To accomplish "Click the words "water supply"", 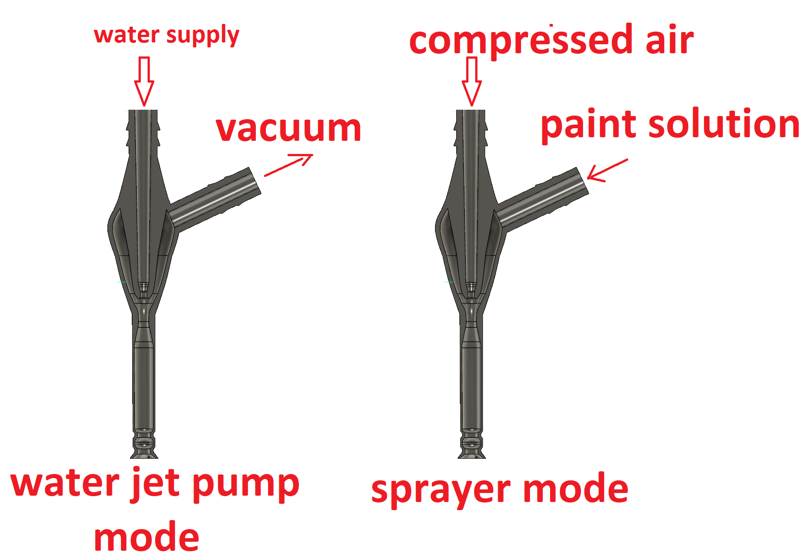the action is [167, 36].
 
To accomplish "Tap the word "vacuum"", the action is [289, 128].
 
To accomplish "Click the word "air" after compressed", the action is [670, 39].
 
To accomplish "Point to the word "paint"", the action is [589, 125].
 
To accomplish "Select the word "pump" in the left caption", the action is [246, 486].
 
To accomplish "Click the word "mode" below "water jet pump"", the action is [146, 537].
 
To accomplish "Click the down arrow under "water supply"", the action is [144, 81].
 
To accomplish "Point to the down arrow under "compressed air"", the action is [472, 81].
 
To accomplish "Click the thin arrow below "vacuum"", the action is [288, 165].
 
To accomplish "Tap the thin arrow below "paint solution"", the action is [607, 170].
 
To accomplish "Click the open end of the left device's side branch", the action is [255, 181].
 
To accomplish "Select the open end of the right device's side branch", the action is [583, 181].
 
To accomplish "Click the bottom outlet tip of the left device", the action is [144, 457].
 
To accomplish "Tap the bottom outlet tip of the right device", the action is [472, 457].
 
